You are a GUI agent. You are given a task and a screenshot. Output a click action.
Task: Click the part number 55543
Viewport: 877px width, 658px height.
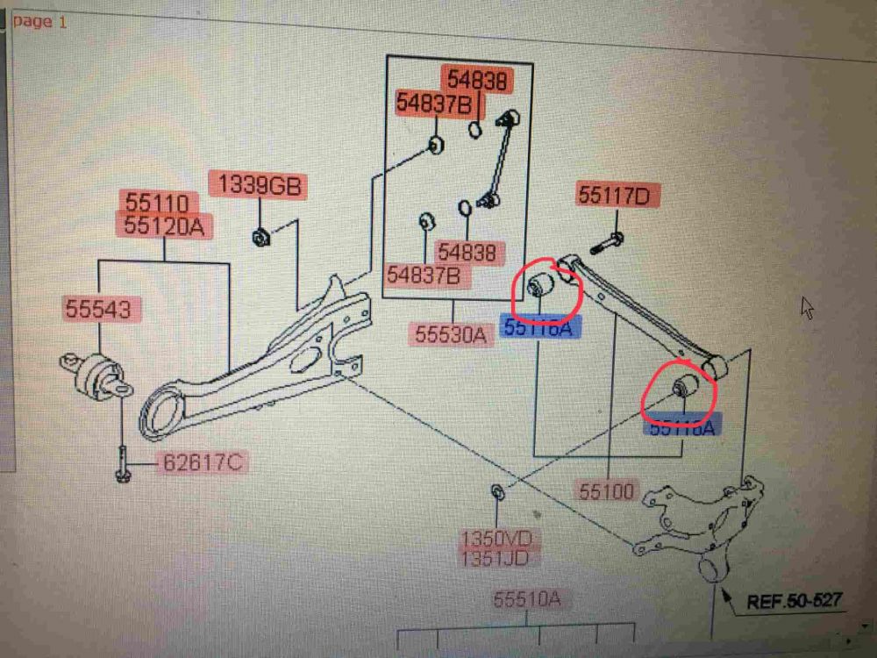click(96, 309)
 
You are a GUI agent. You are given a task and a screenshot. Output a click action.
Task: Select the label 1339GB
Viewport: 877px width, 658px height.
click(259, 186)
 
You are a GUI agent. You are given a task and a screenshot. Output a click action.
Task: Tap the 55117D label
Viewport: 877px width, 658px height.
click(618, 195)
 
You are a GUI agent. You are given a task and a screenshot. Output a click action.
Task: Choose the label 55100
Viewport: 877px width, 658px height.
click(605, 491)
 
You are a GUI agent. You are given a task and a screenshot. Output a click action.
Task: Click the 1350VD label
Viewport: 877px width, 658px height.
click(496, 537)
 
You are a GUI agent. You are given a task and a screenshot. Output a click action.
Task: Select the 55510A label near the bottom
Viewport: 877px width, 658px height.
click(527, 601)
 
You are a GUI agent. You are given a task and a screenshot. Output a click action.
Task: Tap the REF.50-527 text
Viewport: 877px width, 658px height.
click(795, 601)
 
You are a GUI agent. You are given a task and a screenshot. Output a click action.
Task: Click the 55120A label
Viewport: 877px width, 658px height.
click(164, 226)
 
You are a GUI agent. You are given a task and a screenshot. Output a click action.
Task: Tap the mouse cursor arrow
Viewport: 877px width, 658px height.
click(808, 308)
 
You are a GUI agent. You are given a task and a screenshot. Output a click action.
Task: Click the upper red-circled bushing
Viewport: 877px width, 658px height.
click(541, 286)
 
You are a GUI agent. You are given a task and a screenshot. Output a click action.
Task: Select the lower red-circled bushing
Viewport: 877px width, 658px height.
click(686, 387)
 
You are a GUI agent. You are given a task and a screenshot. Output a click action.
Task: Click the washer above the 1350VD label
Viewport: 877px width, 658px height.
click(496, 490)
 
